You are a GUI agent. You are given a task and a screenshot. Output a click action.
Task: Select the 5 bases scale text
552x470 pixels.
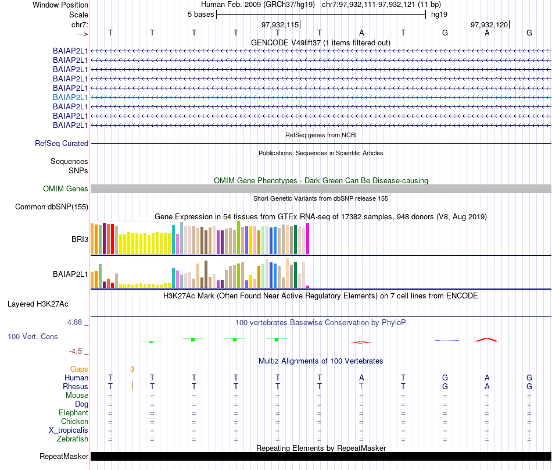click(200, 14)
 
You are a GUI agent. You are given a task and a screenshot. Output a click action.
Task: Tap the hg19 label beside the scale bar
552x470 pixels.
click(439, 14)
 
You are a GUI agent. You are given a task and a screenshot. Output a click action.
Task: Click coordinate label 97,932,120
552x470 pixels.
click(489, 24)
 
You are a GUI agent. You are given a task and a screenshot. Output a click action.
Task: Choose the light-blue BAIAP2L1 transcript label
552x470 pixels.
click(70, 97)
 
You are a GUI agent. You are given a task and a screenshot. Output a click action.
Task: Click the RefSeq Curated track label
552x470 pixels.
click(62, 143)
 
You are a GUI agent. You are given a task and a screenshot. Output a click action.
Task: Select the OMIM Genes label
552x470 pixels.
click(66, 188)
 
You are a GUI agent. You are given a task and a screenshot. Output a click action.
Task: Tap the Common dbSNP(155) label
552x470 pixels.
click(52, 206)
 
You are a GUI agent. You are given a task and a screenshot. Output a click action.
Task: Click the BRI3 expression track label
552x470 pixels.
click(79, 238)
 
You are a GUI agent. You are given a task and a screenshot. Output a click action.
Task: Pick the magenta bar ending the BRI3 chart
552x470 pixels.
click(308, 238)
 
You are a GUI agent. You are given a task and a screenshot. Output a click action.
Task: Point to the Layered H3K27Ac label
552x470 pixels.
click(38, 304)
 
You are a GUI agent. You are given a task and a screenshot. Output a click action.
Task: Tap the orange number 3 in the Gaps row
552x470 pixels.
click(132, 369)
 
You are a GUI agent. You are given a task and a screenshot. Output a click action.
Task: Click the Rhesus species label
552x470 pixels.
click(76, 386)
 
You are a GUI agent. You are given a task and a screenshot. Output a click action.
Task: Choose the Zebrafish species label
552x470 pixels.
click(74, 439)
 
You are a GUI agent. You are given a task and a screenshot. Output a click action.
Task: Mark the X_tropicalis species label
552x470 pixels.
click(69, 430)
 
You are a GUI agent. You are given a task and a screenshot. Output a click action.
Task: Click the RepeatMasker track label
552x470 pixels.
click(63, 456)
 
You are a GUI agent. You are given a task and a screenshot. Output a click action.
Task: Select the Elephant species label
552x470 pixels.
click(73, 412)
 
